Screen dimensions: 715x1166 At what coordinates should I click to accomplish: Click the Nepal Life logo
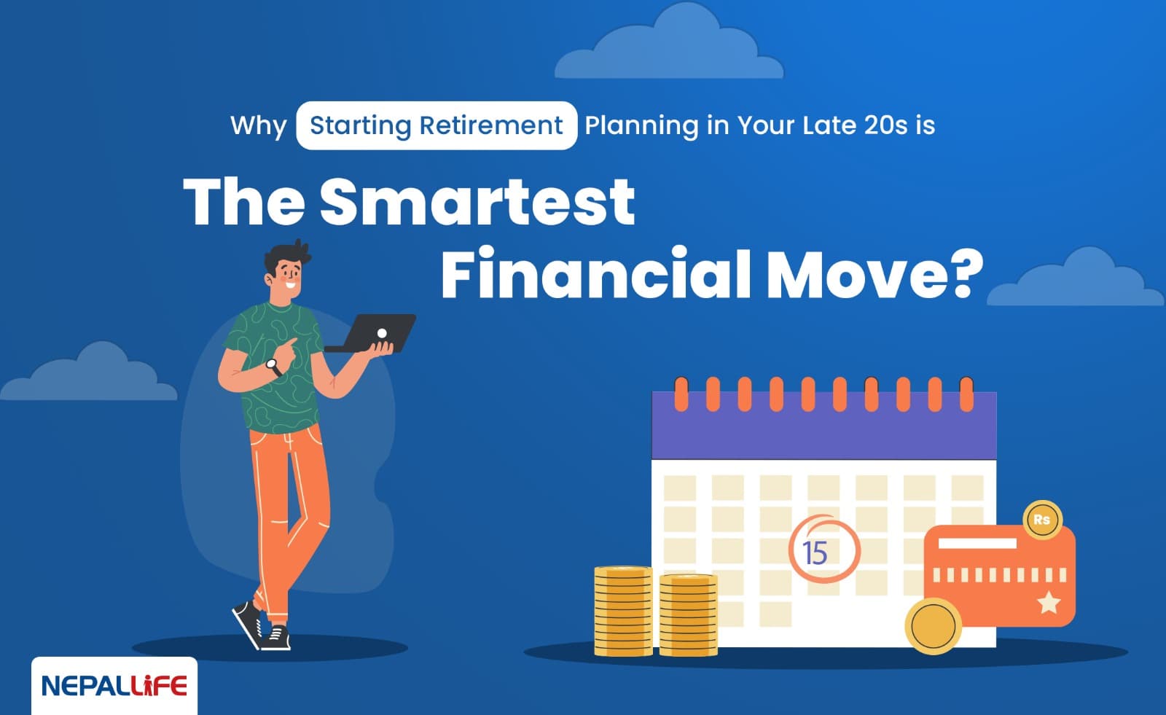[114, 686]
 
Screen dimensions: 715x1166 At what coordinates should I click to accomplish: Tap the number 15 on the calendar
[815, 553]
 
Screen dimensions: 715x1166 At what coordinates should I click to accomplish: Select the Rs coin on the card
[1042, 520]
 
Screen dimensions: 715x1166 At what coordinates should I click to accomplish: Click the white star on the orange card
[1049, 602]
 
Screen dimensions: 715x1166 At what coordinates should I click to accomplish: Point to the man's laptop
[372, 332]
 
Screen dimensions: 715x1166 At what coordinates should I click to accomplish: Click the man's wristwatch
[273, 366]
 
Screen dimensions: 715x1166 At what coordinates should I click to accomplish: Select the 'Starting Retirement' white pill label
[436, 125]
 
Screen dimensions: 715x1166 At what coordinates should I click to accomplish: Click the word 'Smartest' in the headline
[477, 201]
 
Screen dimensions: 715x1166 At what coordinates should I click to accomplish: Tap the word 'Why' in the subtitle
[258, 125]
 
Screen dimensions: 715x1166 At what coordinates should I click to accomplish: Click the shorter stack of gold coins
[688, 614]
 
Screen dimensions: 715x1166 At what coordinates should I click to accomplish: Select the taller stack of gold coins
[623, 611]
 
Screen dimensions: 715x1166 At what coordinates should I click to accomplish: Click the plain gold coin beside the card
[933, 625]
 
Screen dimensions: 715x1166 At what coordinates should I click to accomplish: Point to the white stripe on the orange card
[977, 544]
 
